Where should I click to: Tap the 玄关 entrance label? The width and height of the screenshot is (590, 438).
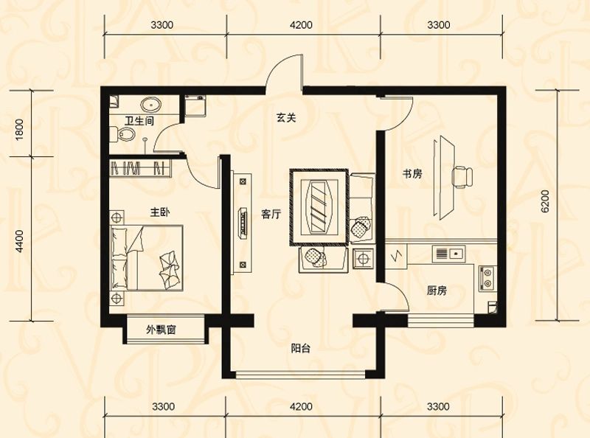click(286, 118)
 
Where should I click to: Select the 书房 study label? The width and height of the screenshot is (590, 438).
click(412, 175)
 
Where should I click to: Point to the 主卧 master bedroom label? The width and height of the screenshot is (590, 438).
click(160, 213)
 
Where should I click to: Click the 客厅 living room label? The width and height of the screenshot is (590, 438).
click(271, 215)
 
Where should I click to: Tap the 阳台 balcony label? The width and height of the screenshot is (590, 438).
click(300, 349)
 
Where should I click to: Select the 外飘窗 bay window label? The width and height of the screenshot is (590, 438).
click(160, 330)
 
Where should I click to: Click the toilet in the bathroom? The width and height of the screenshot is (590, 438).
click(125, 134)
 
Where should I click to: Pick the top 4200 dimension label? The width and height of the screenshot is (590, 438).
click(301, 25)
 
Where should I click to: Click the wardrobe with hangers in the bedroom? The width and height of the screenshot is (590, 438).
click(140, 168)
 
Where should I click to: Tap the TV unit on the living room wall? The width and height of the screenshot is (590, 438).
click(241, 220)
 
